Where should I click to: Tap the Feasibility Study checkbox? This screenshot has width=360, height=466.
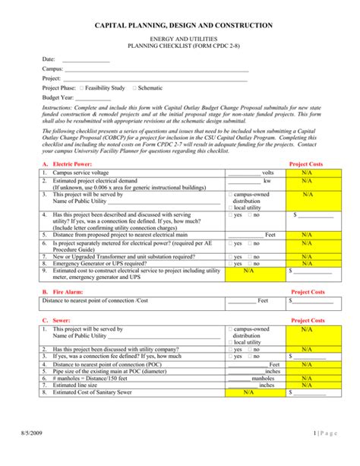point(81,88)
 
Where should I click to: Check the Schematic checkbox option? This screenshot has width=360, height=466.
point(134,88)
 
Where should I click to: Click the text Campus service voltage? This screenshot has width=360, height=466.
point(81,173)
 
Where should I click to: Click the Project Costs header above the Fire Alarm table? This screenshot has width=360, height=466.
point(307,291)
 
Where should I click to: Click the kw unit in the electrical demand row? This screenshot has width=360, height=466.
point(267,181)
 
